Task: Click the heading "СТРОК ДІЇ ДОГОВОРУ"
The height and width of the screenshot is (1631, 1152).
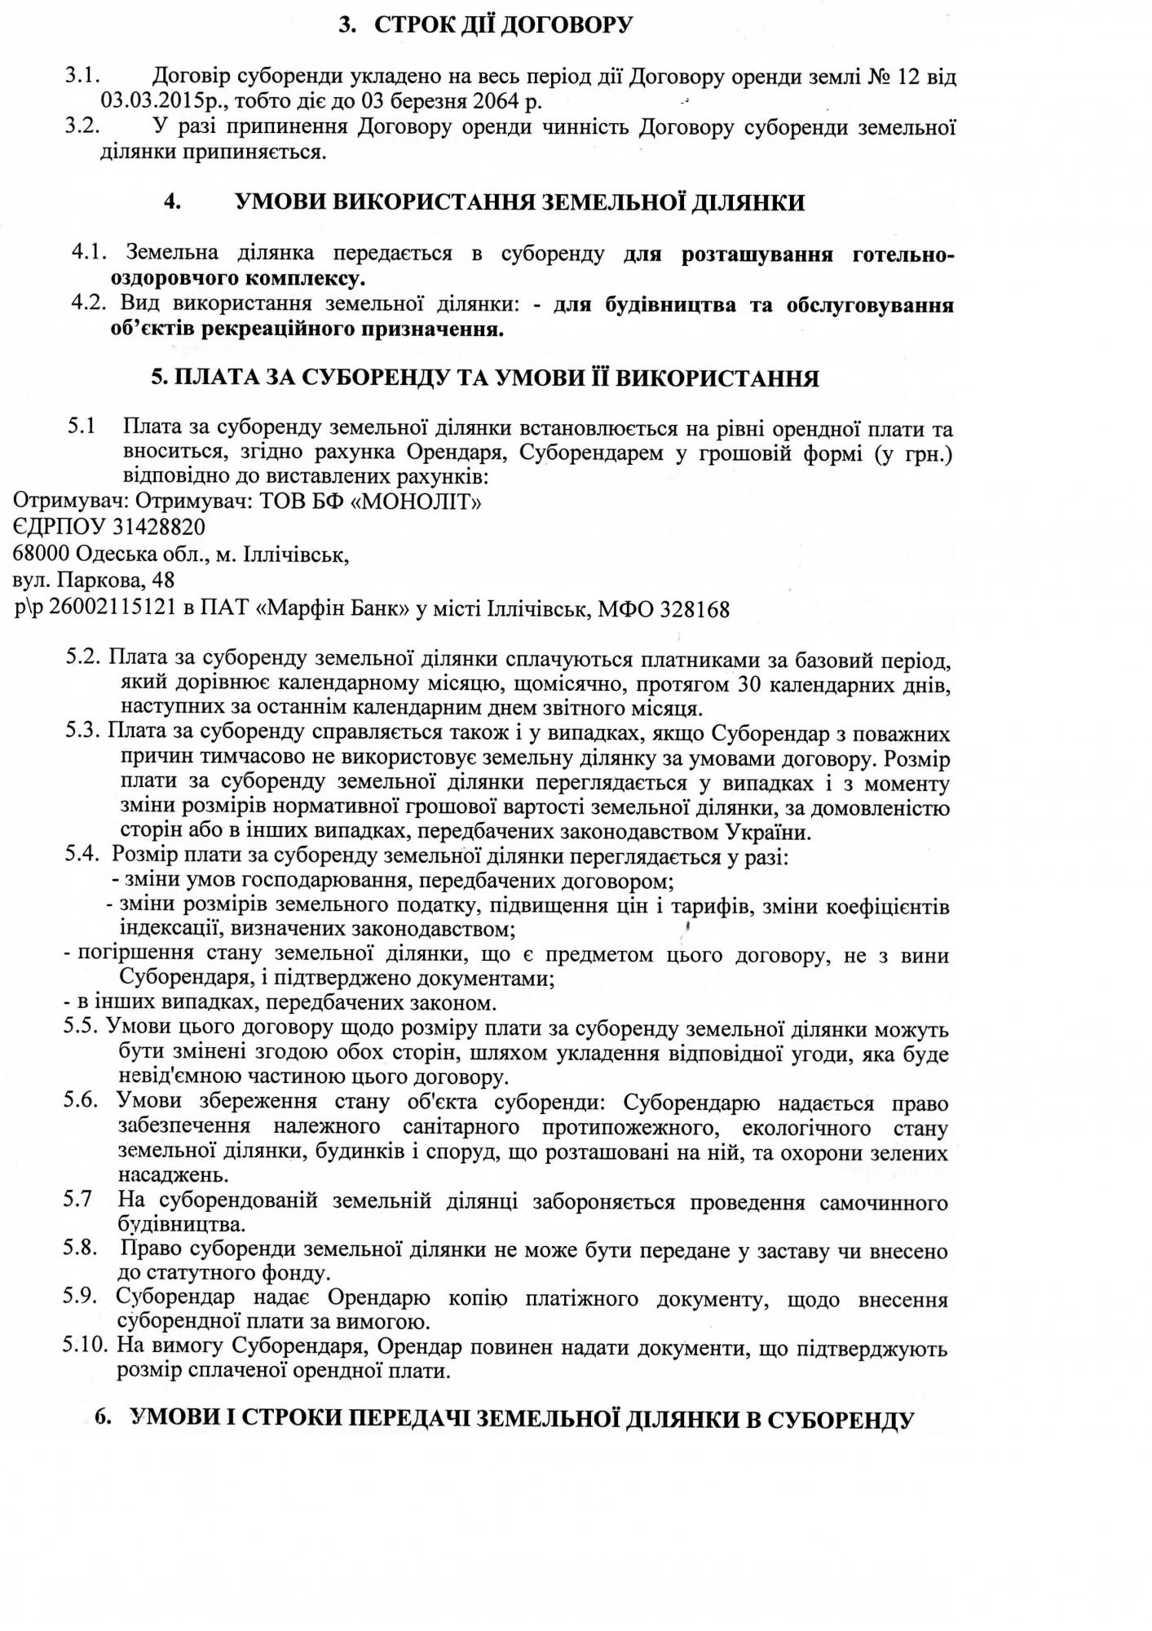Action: pyautogui.click(x=503, y=25)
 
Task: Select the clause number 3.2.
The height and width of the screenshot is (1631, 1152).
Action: pyautogui.click(x=82, y=127)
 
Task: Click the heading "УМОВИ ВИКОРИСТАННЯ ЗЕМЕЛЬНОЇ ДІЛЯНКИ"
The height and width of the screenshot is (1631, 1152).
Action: pyautogui.click(x=519, y=202)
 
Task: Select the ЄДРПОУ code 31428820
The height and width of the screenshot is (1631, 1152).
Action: pyautogui.click(x=151, y=528)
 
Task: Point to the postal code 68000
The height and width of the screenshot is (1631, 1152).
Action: pyautogui.click(x=42, y=555)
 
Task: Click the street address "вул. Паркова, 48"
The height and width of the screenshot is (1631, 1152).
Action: pyautogui.click(x=94, y=581)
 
